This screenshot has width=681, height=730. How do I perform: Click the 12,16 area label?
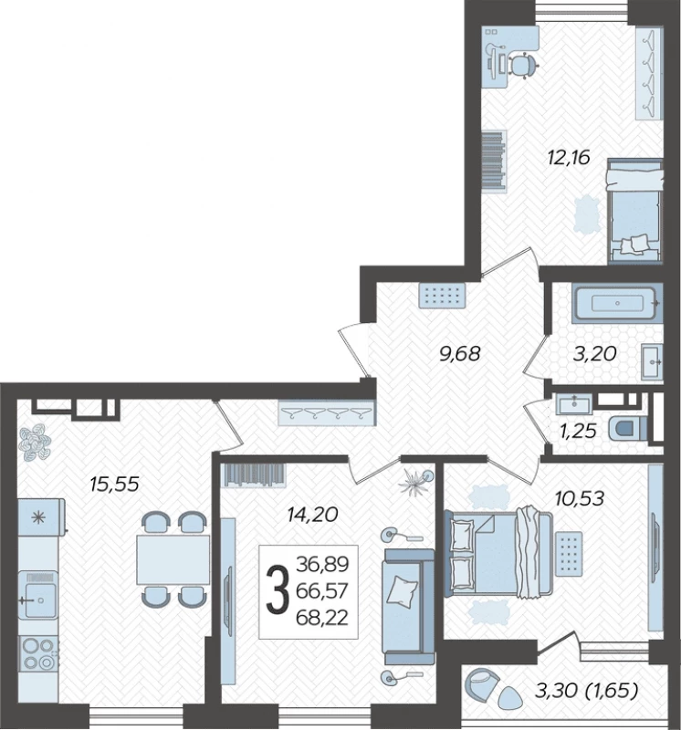(x=569, y=158)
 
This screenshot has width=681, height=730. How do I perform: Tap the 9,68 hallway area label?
(x=459, y=354)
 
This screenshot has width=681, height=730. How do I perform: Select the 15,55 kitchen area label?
(x=115, y=485)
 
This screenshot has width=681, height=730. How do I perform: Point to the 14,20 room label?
(x=312, y=515)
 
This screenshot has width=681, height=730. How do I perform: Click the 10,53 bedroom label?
(x=580, y=498)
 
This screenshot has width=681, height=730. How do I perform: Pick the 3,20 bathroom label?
(x=595, y=354)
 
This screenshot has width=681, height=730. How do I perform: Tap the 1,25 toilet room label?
(x=578, y=431)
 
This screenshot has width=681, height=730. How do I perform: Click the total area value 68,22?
(x=322, y=619)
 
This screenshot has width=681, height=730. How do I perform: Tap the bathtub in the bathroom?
(x=617, y=303)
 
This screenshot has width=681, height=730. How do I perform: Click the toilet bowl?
(x=627, y=429)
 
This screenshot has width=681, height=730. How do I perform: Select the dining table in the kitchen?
(x=173, y=559)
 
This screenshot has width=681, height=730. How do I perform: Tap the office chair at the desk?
(x=523, y=66)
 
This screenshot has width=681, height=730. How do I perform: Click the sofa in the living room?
(x=408, y=600)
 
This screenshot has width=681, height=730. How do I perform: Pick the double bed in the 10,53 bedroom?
(x=498, y=554)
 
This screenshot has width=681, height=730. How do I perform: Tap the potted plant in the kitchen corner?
(x=35, y=443)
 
